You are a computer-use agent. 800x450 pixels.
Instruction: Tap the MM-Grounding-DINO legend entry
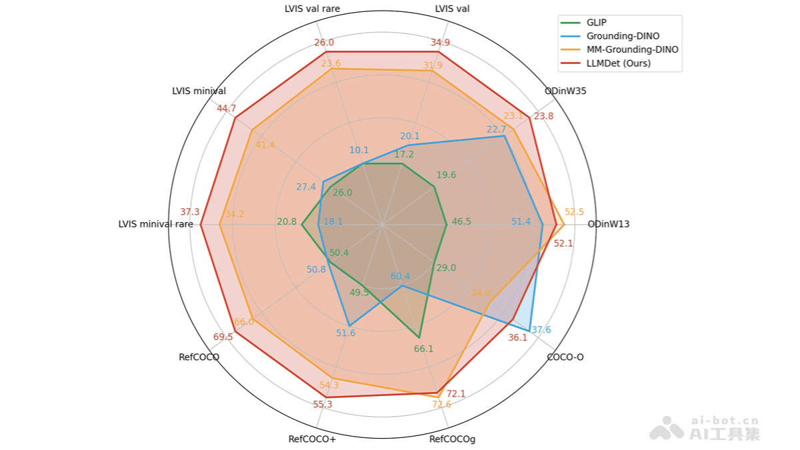tap(633, 49)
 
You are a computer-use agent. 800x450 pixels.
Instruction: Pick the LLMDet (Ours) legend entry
tap(619, 63)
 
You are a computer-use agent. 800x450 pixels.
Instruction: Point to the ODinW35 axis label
tap(565, 91)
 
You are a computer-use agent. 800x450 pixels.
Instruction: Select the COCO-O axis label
tap(565, 357)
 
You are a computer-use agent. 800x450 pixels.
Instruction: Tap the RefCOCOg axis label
tap(452, 439)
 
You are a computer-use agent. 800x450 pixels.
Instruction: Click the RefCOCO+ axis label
tap(312, 439)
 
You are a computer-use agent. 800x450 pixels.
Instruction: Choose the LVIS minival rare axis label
tap(155, 224)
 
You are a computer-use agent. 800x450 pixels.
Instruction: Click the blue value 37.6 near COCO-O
tap(541, 330)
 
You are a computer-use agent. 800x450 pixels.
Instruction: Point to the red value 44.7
tap(227, 109)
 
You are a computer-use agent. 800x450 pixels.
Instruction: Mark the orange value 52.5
tap(574, 211)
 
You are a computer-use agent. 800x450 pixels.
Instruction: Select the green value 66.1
tap(423, 349)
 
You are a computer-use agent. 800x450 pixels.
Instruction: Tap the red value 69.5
tap(223, 337)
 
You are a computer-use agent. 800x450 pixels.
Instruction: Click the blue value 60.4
tap(400, 276)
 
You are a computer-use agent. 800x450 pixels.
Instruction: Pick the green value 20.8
tap(287, 222)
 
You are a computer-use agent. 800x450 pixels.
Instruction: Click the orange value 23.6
tap(331, 64)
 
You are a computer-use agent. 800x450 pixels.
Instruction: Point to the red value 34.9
tap(440, 43)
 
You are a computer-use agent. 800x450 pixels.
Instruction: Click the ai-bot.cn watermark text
tap(725, 421)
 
